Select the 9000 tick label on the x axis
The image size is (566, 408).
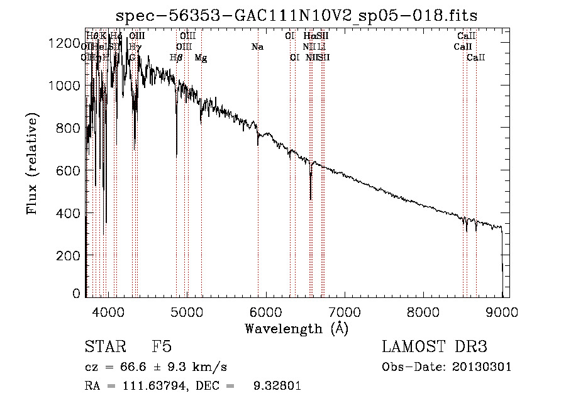tap(501, 311)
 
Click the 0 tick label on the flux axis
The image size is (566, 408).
tap(76, 294)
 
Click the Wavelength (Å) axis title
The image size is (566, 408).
tap(296, 328)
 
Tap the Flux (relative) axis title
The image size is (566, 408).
tap(32, 163)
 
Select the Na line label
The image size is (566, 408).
tap(257, 47)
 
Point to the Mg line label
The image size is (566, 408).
tap(201, 57)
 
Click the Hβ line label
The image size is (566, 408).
tap(176, 57)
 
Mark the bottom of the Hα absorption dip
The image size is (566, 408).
tap(311, 199)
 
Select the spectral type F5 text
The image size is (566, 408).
tap(162, 347)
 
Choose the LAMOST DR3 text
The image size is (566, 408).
tap(435, 347)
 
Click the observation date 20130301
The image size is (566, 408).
tap(482, 367)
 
